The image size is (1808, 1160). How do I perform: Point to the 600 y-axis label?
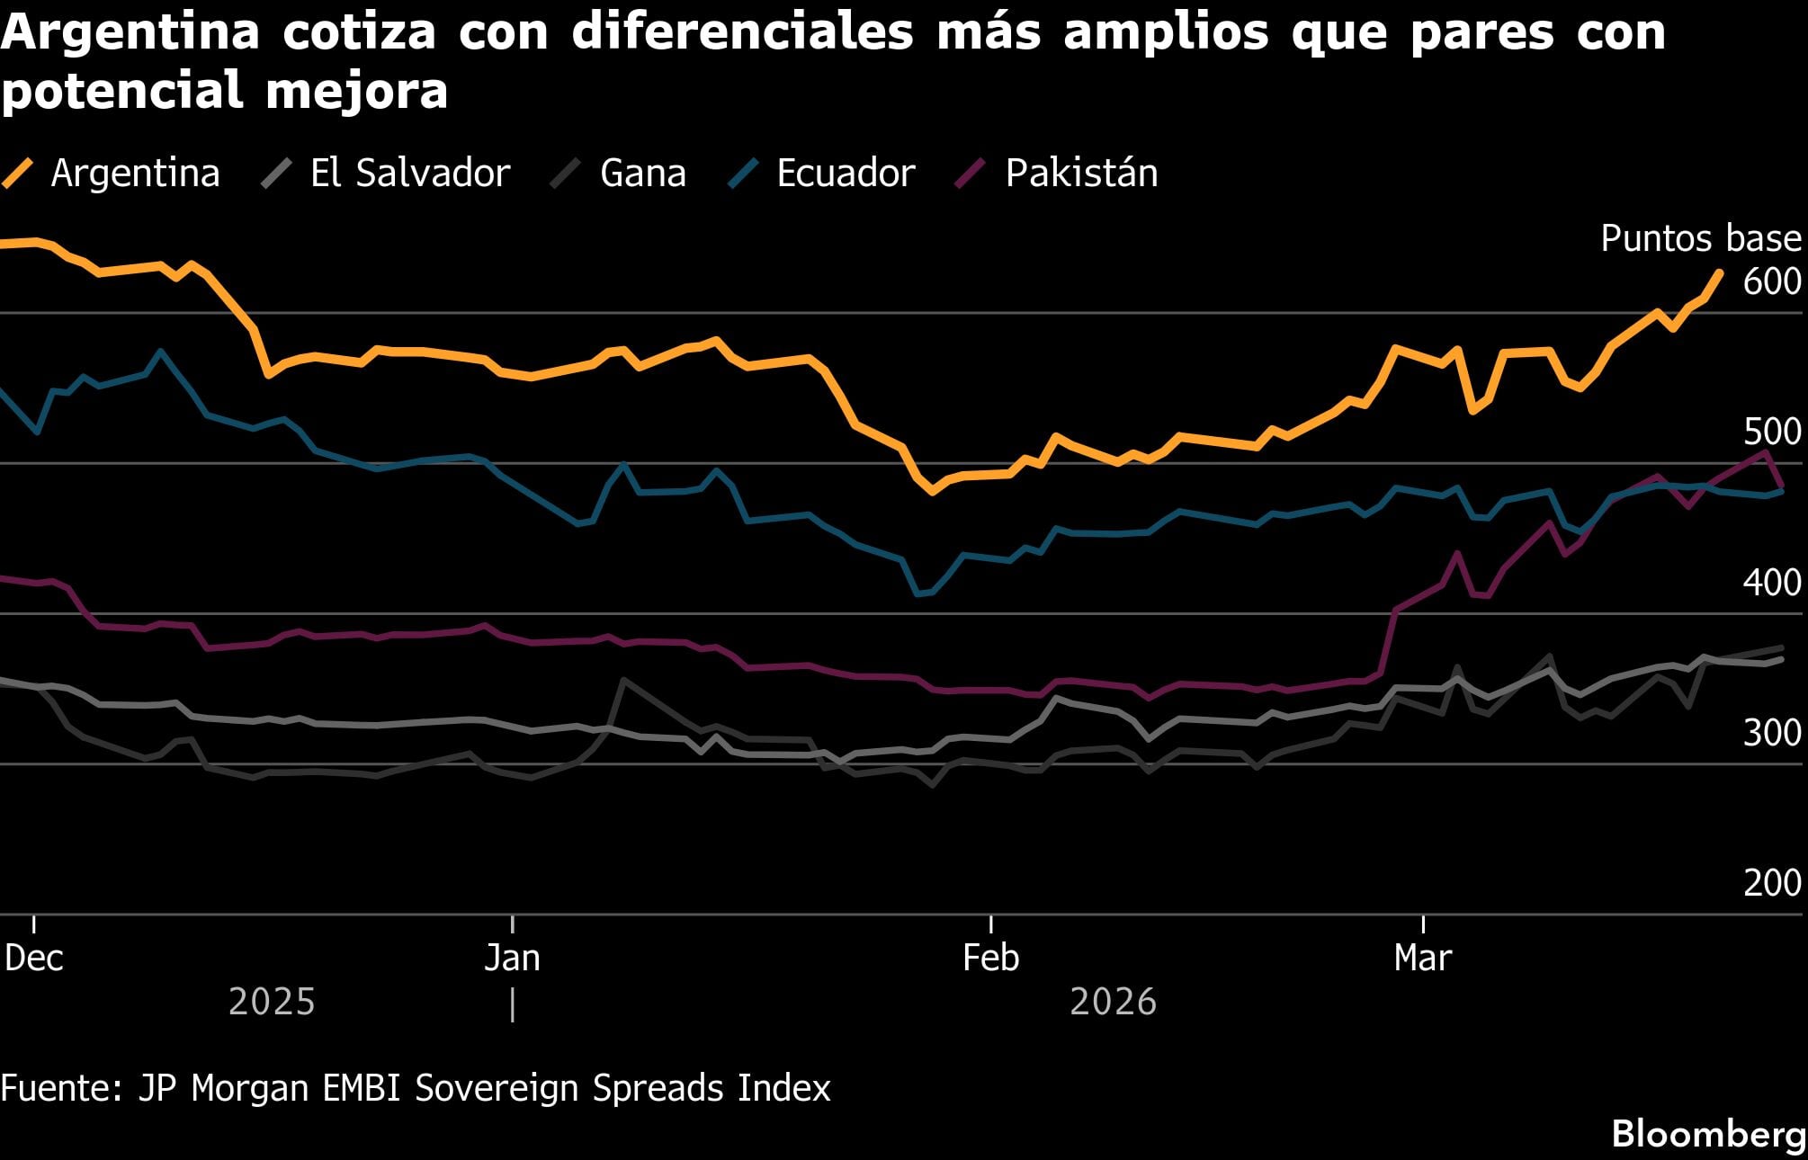tap(1771, 282)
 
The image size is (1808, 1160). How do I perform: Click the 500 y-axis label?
tap(1771, 433)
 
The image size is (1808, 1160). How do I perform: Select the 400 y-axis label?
tap(1771, 583)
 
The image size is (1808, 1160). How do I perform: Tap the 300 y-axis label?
tap(1771, 733)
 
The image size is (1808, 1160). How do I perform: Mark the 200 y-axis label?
tap(1771, 883)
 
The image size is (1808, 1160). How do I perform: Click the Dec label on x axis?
tap(34, 958)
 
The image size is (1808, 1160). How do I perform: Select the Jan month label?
tap(512, 958)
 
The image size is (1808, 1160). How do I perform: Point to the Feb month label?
tap(990, 958)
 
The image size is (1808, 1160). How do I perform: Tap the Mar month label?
tap(1422, 958)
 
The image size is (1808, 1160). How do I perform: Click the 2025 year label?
tap(272, 1002)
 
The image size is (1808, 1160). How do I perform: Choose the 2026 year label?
tap(1113, 1002)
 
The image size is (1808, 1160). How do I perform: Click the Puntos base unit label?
tap(1700, 238)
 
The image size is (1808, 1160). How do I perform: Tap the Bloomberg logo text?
tap(1708, 1133)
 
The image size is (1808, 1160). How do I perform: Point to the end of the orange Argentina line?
tap(1720, 272)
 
